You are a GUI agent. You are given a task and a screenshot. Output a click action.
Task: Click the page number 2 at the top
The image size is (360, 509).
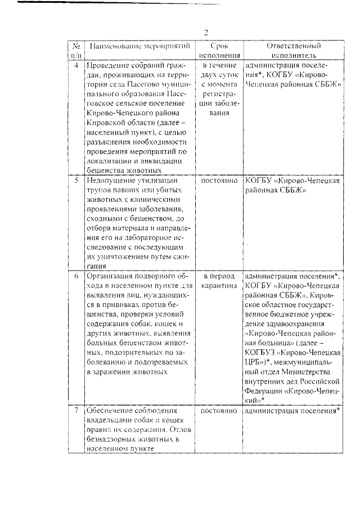click(x=206, y=32)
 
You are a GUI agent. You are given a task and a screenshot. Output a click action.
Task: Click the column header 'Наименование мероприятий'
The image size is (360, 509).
click(x=139, y=46)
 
